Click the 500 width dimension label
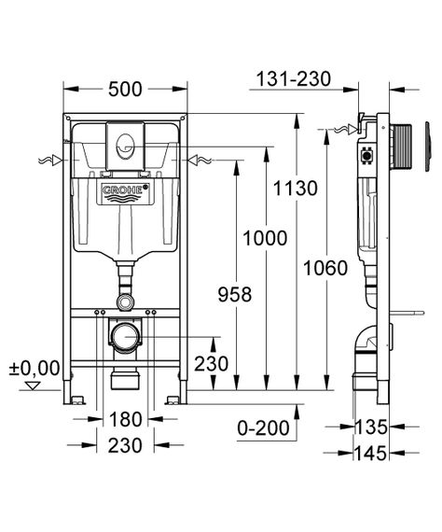(x=125, y=90)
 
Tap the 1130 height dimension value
(x=296, y=189)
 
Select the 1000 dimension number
(x=265, y=238)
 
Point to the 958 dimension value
(x=235, y=295)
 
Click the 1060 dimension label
(x=325, y=268)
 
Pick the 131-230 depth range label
(x=294, y=79)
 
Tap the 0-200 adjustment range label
(x=264, y=428)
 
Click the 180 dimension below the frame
(x=125, y=419)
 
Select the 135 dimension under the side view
(x=370, y=427)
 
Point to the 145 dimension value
(x=370, y=453)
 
